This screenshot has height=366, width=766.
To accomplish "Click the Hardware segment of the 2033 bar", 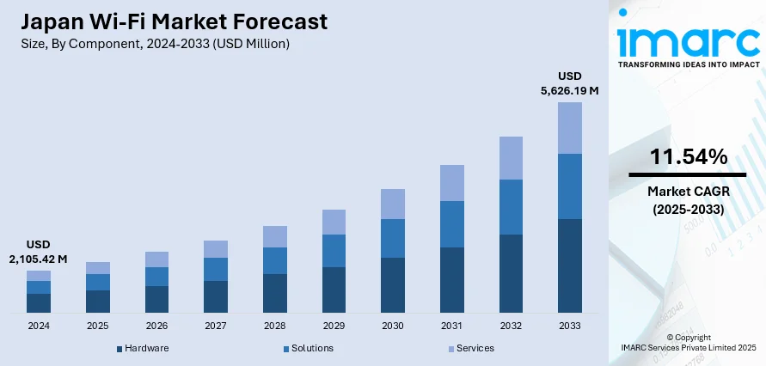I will (570, 265).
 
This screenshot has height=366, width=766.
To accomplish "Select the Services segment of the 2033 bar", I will (570, 128).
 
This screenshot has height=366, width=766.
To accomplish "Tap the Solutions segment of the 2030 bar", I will (393, 238).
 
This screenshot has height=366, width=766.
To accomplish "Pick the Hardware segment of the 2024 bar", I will (39, 302).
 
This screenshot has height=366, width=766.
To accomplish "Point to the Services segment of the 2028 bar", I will (275, 236).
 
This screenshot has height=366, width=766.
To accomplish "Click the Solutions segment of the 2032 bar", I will (511, 207).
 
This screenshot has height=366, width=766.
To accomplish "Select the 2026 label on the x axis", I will (156, 326).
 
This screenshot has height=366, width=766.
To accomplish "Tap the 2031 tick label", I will (452, 326).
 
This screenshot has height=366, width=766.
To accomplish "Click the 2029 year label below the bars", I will (334, 326).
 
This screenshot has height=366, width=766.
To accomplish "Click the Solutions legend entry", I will (311, 348).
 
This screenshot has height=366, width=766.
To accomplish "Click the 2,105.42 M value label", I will (39, 258).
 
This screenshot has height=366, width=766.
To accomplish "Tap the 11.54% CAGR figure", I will (688, 156).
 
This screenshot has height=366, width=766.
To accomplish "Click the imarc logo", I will (688, 39).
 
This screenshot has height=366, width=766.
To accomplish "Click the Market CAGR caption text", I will (688, 199).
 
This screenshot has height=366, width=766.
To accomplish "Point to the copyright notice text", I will (688, 342).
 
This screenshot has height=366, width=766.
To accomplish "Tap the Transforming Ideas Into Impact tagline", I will (688, 64).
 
